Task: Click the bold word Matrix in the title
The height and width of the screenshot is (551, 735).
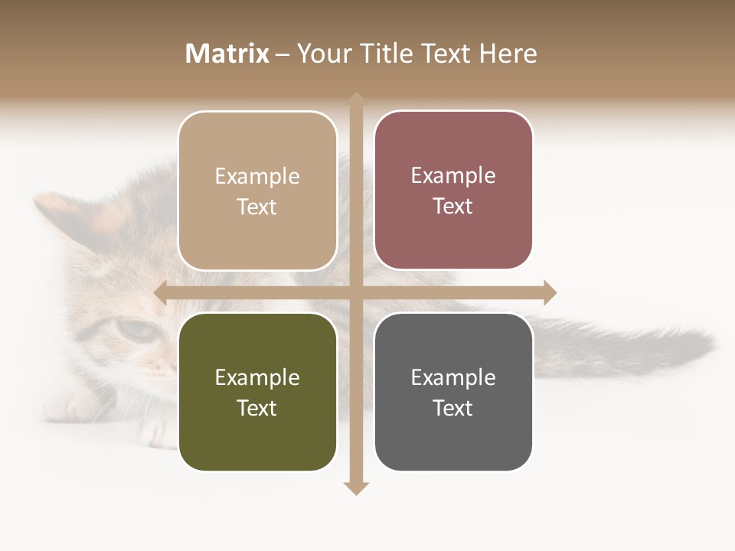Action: click(227, 54)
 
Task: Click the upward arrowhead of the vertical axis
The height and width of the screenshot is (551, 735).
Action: click(355, 100)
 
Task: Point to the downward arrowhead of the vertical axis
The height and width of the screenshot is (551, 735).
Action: click(355, 487)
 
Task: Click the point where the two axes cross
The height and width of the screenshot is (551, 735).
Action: click(355, 292)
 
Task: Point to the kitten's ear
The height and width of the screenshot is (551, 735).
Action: click(57, 210)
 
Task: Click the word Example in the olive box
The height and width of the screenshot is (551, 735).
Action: click(257, 378)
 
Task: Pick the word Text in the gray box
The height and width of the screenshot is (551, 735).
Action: click(453, 408)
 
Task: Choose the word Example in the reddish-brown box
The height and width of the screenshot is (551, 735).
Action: click(453, 176)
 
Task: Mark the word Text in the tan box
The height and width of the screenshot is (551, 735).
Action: click(257, 207)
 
